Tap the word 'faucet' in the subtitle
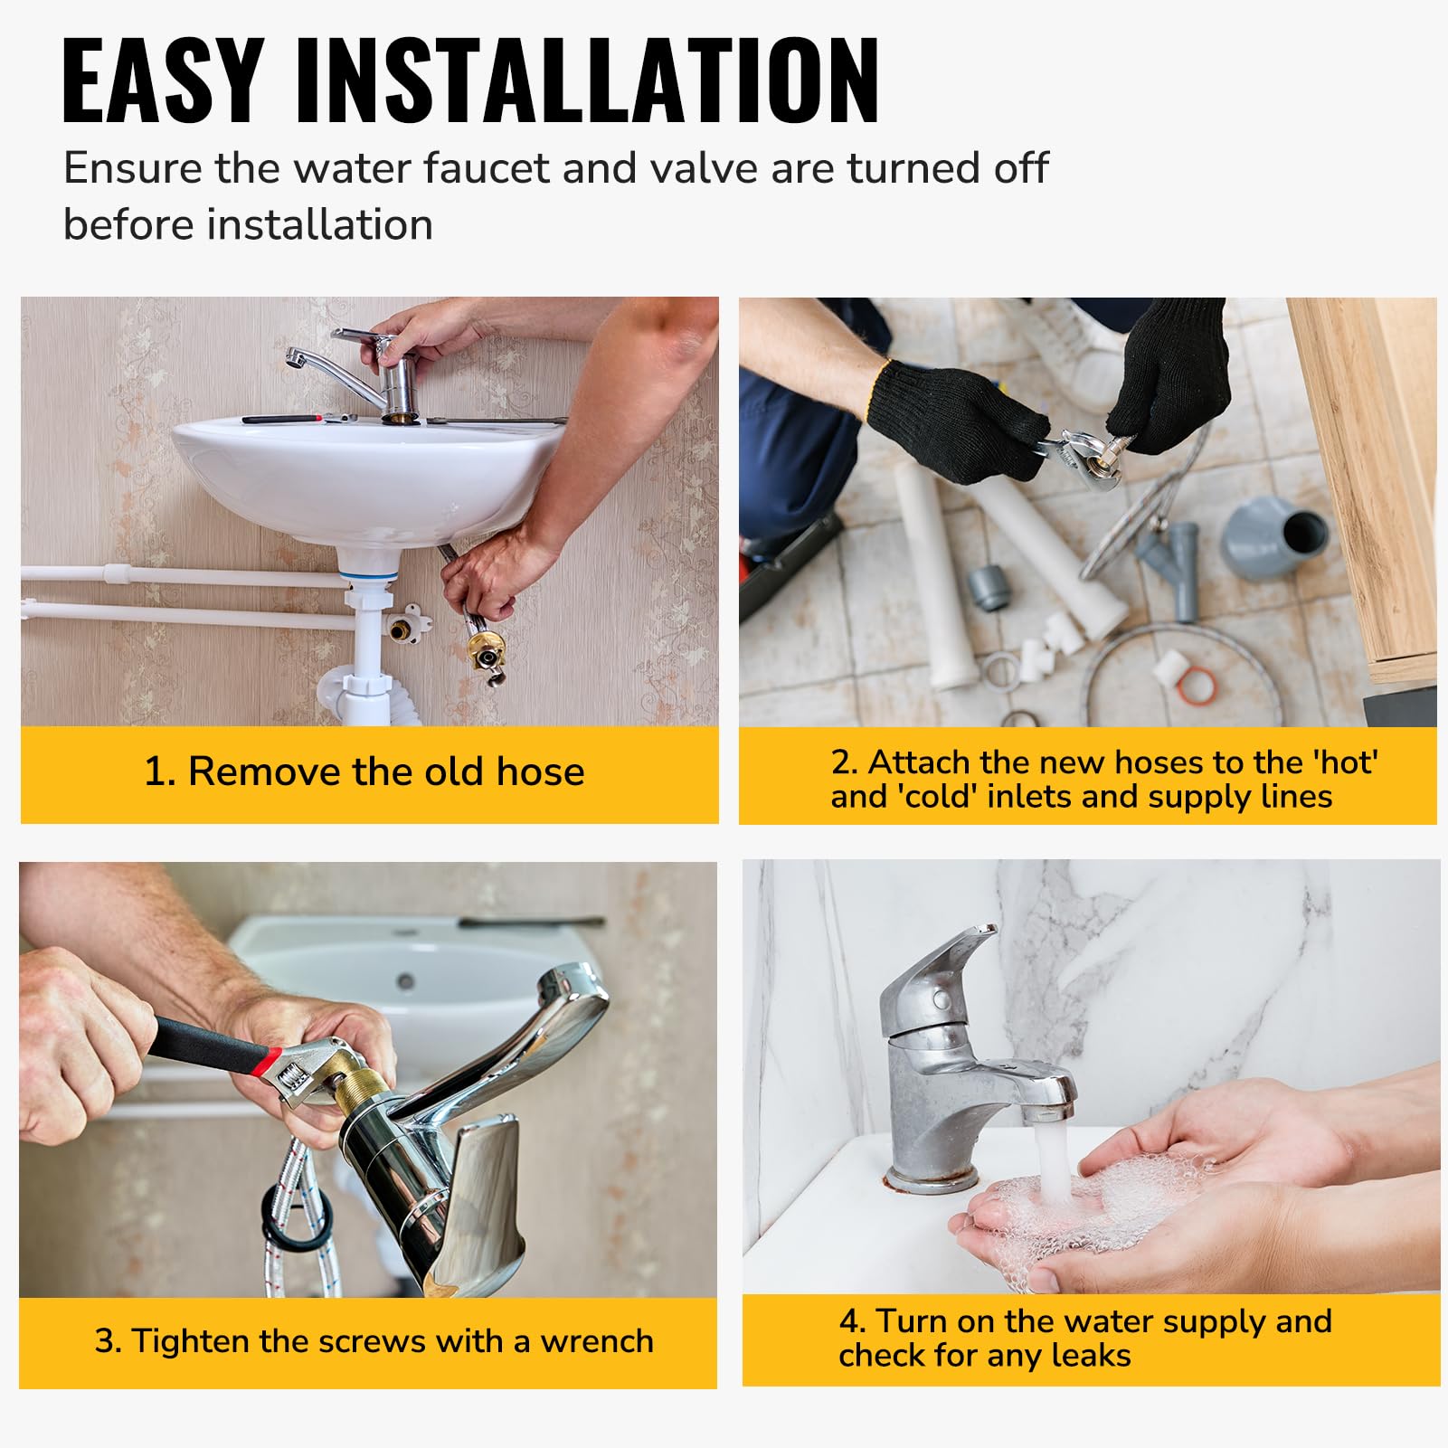[486, 168]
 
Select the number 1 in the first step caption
[156, 772]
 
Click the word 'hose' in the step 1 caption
[540, 772]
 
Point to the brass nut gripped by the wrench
[361, 1098]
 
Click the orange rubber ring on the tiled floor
[1196, 685]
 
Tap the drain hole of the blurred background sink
[405, 980]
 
